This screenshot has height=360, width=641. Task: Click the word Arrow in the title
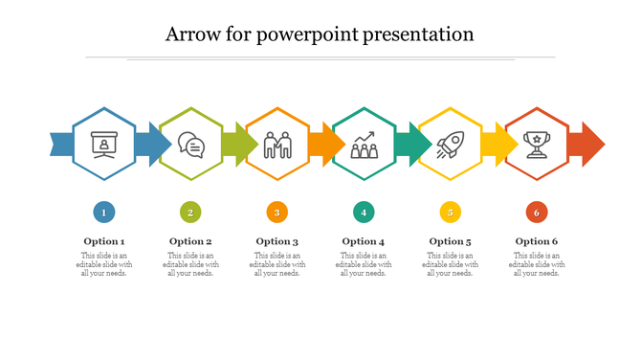tap(191, 34)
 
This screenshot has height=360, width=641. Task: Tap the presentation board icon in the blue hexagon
tap(104, 145)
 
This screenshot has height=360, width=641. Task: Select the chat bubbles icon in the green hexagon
tap(191, 145)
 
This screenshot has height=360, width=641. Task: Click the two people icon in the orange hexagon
tap(277, 145)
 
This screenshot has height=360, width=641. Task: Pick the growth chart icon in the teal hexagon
tap(364, 145)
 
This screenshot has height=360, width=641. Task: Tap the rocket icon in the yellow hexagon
tap(450, 145)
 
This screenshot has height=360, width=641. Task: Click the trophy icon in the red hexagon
tap(536, 145)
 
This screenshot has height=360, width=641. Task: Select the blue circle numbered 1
tap(104, 213)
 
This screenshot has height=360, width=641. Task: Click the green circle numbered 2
tap(190, 213)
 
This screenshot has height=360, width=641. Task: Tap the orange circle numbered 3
tap(276, 213)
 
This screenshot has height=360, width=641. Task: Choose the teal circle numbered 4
tap(363, 213)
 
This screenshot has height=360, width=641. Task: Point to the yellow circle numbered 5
tap(450, 213)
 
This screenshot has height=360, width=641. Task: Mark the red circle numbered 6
tap(536, 213)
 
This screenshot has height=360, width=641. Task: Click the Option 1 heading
tap(104, 241)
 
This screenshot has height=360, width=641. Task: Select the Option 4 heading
tap(364, 241)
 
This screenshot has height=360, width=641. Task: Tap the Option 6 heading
tap(536, 241)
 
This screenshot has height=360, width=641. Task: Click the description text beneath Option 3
tap(277, 264)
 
